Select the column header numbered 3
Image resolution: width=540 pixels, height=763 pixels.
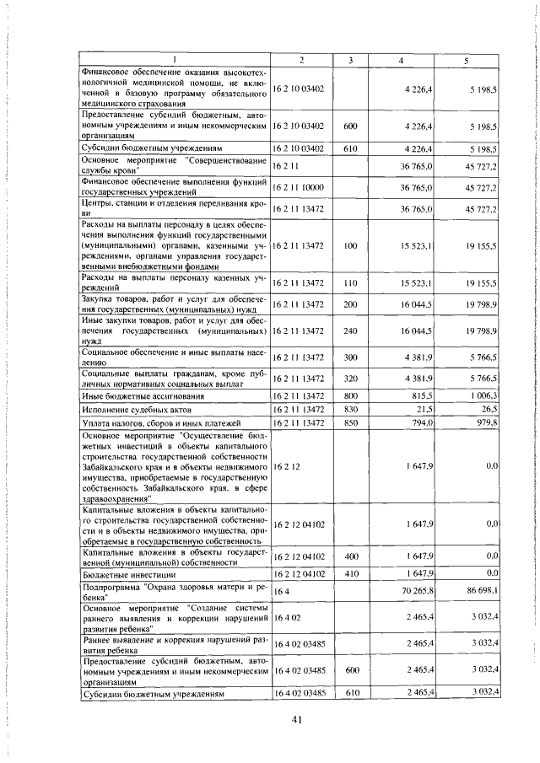351,59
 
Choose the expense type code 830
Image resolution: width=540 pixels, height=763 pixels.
351,408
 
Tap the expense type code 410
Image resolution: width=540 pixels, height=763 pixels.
351,574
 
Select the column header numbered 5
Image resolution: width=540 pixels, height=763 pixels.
465,59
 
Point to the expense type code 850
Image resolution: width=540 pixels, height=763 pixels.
351,422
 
